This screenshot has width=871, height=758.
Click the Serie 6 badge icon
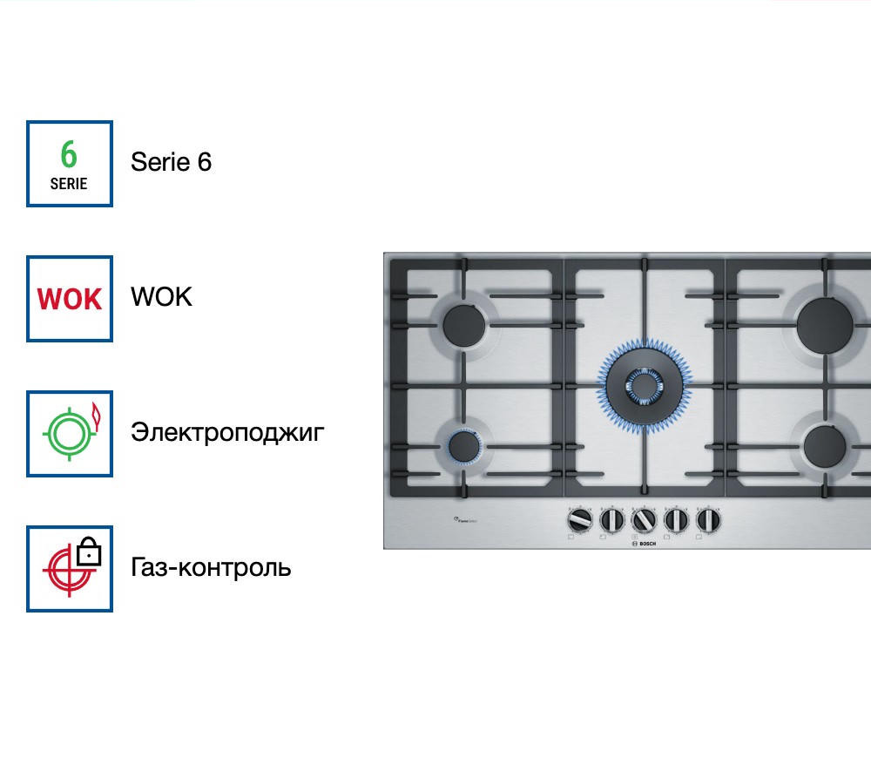(70, 164)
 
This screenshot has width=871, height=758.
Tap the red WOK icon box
(70, 299)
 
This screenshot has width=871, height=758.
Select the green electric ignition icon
(70, 434)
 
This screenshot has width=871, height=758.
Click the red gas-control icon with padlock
(70, 569)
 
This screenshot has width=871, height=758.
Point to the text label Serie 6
(171, 162)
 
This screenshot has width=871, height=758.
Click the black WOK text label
(161, 297)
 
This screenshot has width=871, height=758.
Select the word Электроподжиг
(227, 432)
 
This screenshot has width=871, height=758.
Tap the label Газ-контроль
(211, 568)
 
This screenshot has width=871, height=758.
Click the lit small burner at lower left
(465, 447)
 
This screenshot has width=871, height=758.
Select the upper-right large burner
(825, 326)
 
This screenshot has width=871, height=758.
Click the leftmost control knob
(578, 520)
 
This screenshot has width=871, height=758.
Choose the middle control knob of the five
(644, 520)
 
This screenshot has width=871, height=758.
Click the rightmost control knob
(708, 520)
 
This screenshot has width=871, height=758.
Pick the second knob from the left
(611, 520)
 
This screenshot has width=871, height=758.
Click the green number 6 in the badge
(69, 155)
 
